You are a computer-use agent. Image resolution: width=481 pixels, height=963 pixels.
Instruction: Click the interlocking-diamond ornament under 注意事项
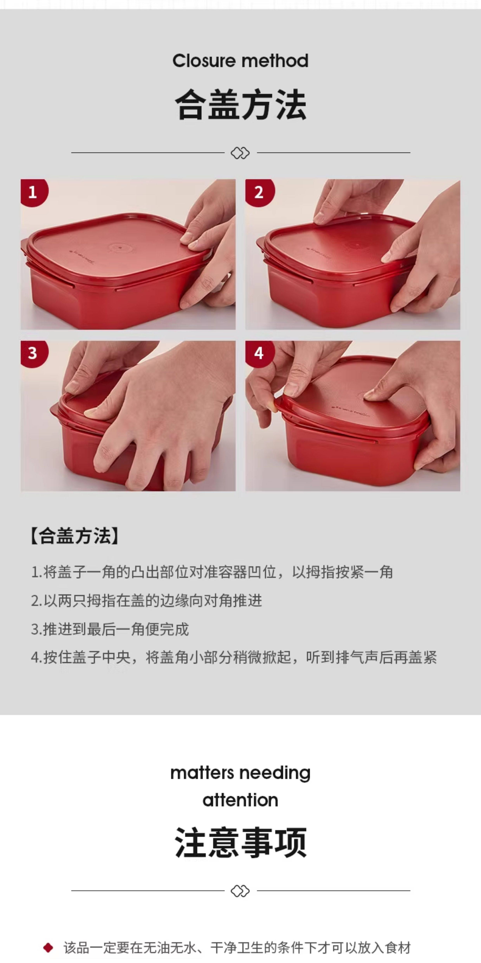pyautogui.click(x=240, y=891)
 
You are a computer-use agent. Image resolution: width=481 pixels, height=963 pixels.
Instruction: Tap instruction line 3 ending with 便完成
pyautogui.click(x=110, y=629)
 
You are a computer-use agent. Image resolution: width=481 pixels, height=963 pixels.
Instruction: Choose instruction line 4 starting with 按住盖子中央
pyautogui.click(x=234, y=658)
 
